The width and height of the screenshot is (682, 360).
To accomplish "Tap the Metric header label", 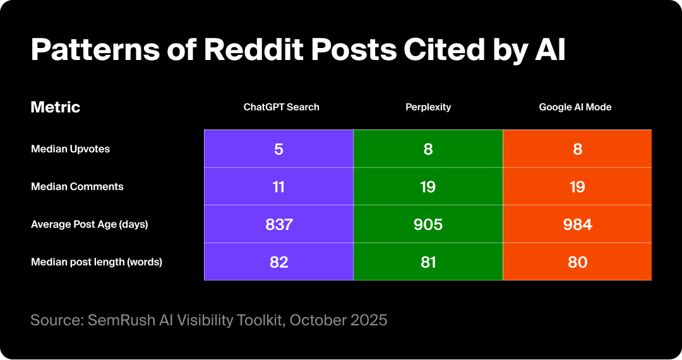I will [x=56, y=107].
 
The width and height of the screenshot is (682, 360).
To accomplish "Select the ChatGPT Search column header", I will [x=282, y=107].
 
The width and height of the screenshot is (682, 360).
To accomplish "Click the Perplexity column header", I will [x=428, y=107].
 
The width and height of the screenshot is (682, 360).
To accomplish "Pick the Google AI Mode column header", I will [x=575, y=107].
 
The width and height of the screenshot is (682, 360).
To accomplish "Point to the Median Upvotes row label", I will [x=70, y=149].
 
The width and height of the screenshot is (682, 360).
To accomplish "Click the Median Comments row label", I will [x=77, y=186].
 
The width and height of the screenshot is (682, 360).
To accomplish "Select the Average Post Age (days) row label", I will [x=89, y=224].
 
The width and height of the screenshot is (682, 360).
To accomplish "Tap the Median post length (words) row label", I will [x=97, y=261].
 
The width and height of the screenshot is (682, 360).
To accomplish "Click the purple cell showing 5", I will [x=278, y=149].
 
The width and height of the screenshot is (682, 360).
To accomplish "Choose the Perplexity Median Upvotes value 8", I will [x=428, y=149].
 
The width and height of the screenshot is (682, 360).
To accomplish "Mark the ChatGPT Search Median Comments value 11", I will [x=278, y=187].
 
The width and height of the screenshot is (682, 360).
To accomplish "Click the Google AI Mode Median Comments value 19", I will [x=577, y=187].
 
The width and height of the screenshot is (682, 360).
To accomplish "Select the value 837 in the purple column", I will [x=278, y=224].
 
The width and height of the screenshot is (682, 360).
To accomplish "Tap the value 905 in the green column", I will [x=428, y=224].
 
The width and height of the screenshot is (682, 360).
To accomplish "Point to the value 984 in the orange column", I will [x=577, y=224].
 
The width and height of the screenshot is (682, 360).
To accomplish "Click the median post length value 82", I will [x=278, y=261].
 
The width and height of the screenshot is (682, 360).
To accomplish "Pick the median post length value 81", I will [x=428, y=261].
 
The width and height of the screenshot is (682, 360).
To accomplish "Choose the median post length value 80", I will [x=577, y=261].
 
